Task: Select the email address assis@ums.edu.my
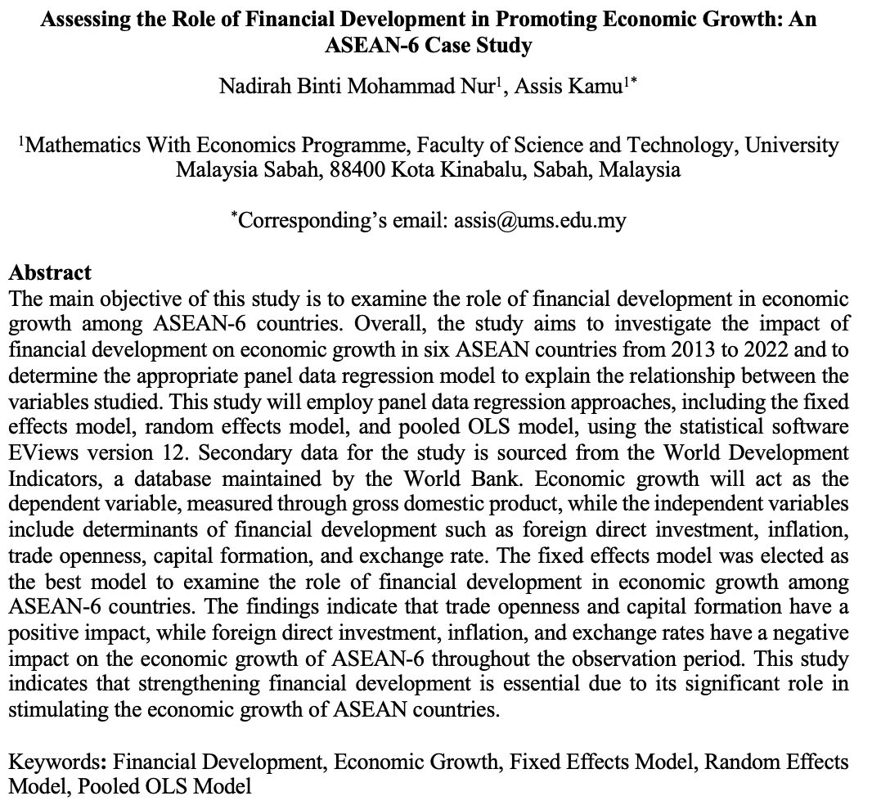[540, 220]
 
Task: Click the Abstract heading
[51, 272]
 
